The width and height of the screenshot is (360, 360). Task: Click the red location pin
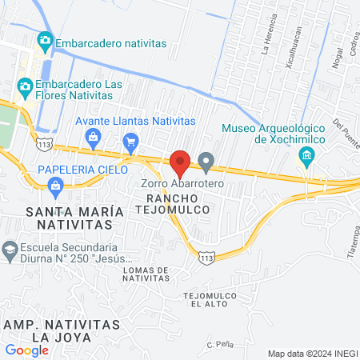pos(180,164)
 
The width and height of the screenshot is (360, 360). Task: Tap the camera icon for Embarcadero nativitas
pos(45,40)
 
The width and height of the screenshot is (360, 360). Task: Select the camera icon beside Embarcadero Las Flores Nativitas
pos(25,86)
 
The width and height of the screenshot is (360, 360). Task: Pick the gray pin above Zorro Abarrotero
pos(206,163)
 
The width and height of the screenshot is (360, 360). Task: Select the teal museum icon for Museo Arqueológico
pos(306,158)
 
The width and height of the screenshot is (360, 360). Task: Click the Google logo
pos(26,350)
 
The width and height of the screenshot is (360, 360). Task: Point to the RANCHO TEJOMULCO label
pos(177,202)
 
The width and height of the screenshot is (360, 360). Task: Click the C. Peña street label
pos(219,343)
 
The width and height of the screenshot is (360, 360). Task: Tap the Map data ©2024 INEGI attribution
pos(312,354)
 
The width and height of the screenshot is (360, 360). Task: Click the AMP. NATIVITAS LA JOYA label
pos(62,331)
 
